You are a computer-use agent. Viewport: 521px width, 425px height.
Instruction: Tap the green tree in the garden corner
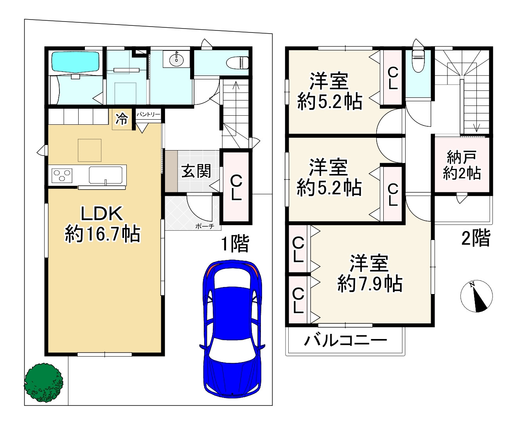point(43,382)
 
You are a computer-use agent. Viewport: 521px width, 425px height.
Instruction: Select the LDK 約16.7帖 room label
point(102,224)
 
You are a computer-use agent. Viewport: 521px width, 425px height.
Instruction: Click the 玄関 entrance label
point(196,171)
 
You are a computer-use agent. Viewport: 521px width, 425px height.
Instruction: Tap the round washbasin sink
point(177,59)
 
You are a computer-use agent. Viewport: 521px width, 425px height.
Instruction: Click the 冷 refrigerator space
point(122,119)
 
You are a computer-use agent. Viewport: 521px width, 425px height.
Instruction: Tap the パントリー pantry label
point(148,115)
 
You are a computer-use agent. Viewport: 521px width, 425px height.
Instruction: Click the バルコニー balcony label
point(345,341)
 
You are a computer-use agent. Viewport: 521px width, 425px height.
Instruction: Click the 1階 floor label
point(235,244)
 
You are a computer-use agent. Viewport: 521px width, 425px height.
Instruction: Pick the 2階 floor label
point(475,238)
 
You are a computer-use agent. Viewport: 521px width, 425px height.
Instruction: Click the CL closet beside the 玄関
point(235,187)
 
